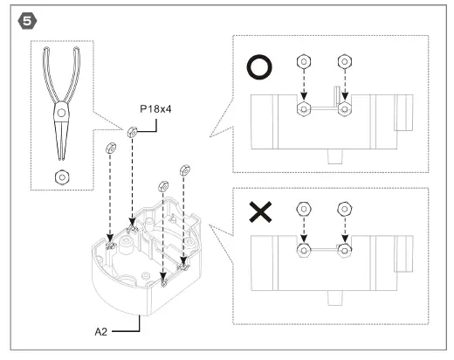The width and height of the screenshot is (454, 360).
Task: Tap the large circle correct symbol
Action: point(262,67)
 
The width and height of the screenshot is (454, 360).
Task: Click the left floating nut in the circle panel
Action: point(302,62)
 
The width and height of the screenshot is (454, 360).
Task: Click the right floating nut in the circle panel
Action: point(346,62)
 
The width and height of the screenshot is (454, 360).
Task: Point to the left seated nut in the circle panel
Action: point(302,109)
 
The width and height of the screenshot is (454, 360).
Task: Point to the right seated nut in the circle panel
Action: point(346,109)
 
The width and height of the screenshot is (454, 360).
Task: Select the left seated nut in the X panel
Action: point(302,250)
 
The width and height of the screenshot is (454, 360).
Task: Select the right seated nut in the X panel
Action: point(346,250)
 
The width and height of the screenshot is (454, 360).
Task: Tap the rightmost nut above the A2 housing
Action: point(184,169)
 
